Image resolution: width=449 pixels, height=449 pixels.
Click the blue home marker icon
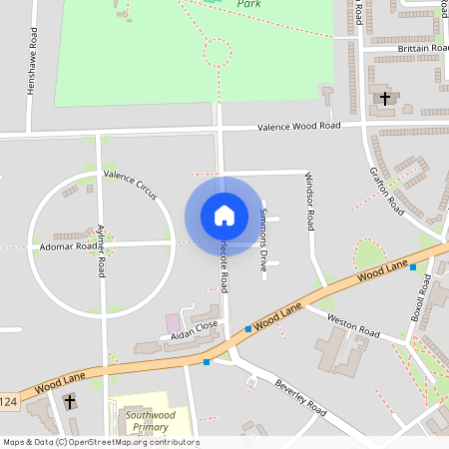[x=224, y=216]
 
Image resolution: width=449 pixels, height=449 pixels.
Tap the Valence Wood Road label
[x=298, y=127]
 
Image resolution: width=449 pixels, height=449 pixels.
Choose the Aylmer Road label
[x=101, y=249]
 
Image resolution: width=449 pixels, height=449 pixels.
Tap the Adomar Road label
[x=68, y=245]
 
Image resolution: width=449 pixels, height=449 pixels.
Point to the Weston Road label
[x=354, y=329]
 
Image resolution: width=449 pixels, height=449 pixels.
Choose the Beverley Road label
[x=301, y=396]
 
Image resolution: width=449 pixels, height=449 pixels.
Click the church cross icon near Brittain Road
[x=385, y=98]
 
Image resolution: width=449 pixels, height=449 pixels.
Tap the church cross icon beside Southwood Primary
[x=70, y=401]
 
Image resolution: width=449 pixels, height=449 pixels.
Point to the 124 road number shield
[x=8, y=400]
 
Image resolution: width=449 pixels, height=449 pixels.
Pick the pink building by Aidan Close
[x=174, y=322]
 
